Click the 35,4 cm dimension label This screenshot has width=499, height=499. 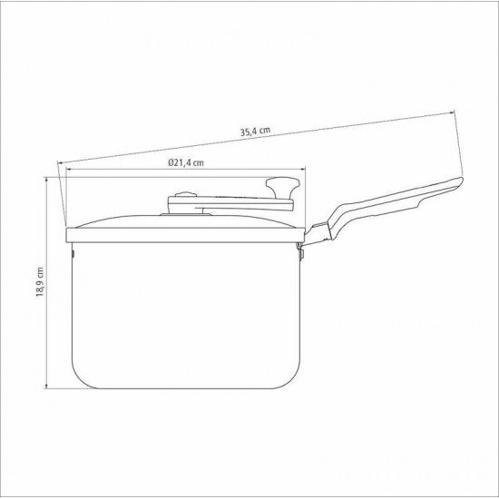coord(255,132)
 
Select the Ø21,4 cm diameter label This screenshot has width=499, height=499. coord(184,163)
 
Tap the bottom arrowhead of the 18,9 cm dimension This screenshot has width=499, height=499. coord(47,388)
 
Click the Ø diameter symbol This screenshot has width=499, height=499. coord(170,163)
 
